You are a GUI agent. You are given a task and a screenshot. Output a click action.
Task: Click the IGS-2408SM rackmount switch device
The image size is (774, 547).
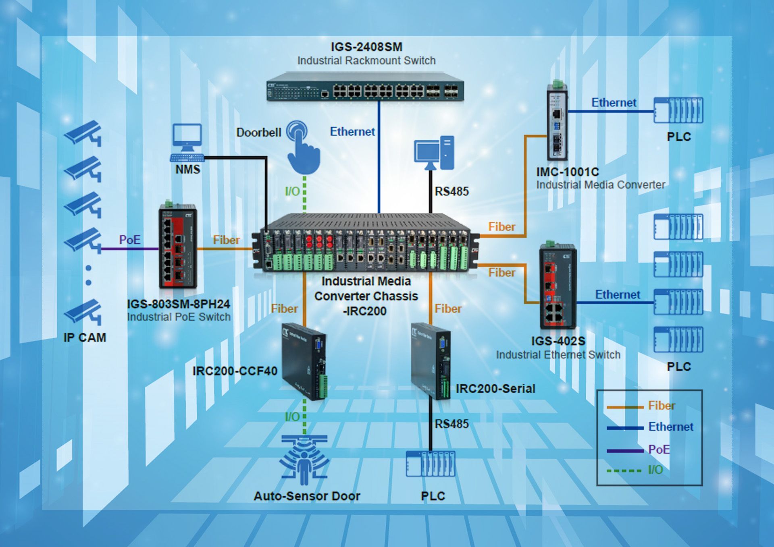365,87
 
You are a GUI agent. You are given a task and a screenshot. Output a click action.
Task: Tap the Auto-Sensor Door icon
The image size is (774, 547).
304,460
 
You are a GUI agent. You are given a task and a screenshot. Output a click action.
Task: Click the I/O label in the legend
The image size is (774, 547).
655,470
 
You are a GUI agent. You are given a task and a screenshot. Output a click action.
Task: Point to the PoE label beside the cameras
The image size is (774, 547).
130,240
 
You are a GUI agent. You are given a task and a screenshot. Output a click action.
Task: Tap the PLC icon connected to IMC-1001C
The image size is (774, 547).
678,110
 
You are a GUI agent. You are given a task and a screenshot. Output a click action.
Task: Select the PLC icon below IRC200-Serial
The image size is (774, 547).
431,464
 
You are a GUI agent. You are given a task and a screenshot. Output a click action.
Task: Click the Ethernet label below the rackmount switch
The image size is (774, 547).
352,132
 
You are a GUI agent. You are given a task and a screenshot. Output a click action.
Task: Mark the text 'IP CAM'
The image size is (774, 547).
85,338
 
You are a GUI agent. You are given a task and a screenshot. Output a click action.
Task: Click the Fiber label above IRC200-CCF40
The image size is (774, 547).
284,309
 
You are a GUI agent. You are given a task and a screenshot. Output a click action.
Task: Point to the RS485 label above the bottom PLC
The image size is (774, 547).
451,424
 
